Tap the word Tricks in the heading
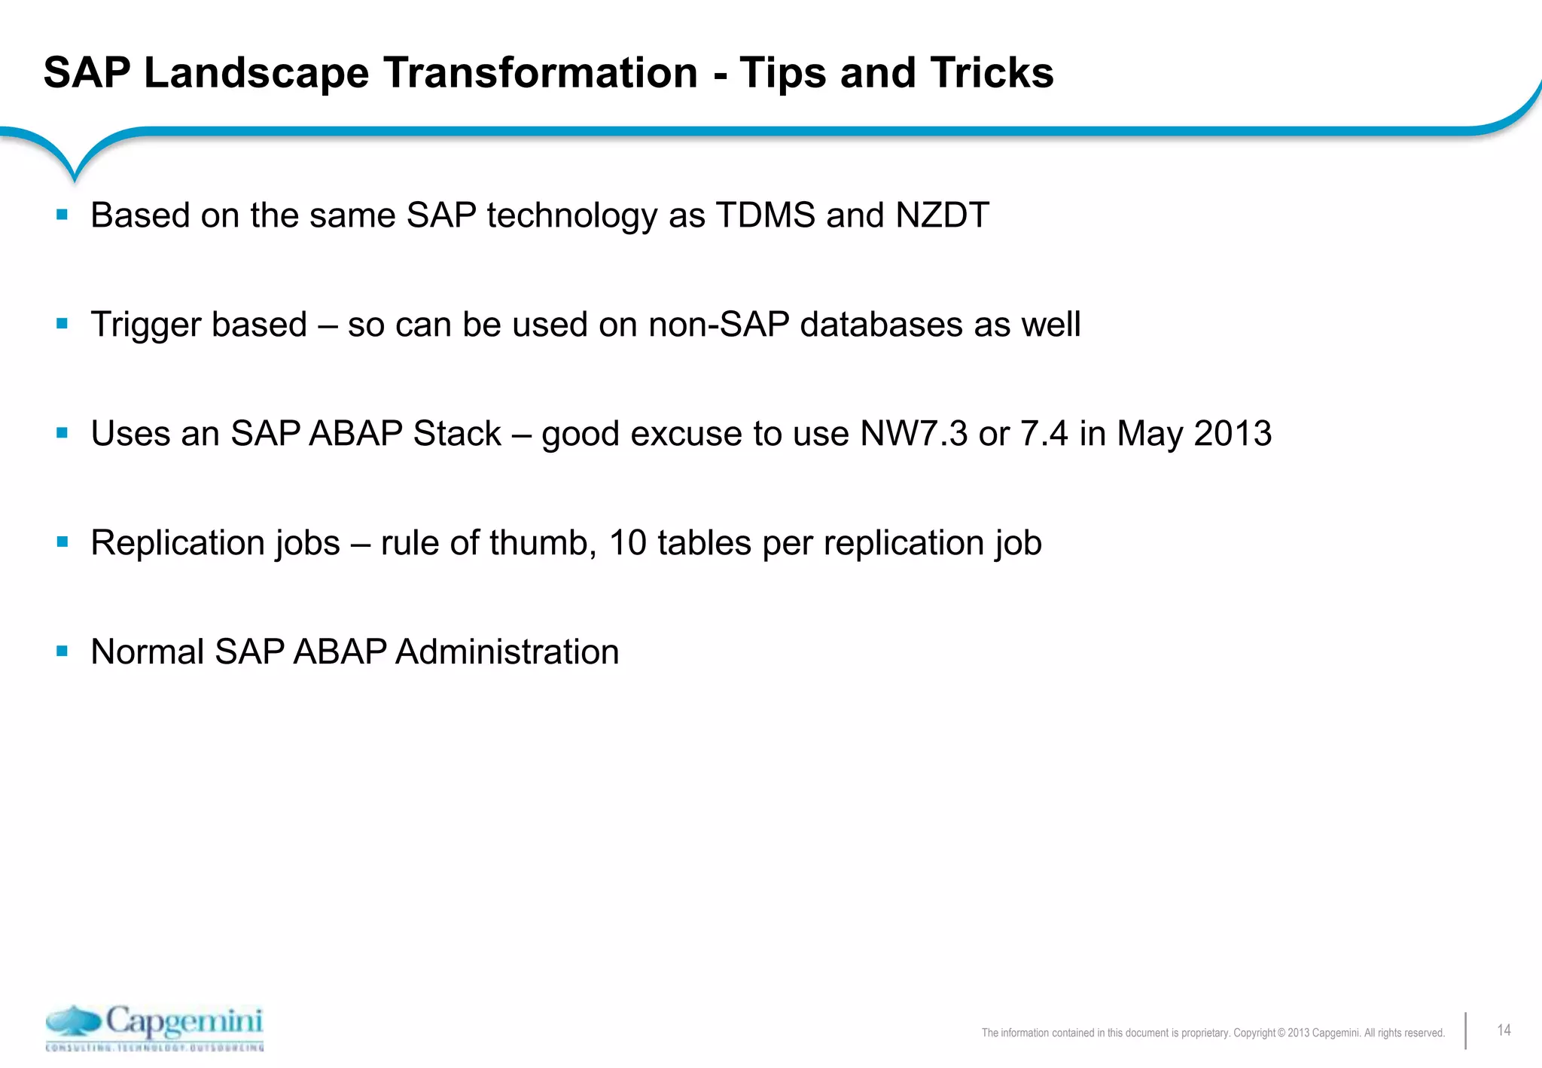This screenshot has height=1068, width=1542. coord(992,73)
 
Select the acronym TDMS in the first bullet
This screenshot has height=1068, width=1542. coord(765,215)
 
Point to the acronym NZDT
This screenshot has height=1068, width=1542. coord(942,215)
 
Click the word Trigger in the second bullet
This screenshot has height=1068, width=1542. coord(145,325)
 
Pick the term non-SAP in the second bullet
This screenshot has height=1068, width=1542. coord(718,325)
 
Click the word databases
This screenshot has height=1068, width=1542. coord(881,325)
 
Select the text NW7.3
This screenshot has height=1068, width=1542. coord(913,434)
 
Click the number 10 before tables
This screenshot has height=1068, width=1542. coord(627,543)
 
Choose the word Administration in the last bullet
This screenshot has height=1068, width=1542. coord(506,652)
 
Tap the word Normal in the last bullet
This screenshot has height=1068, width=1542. coord(147,652)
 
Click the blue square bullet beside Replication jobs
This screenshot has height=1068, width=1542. coord(62,542)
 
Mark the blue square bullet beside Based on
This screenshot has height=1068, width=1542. coord(62,215)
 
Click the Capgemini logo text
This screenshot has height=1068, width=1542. coord(184,1022)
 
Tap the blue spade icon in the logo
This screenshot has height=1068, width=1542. coord(73,1021)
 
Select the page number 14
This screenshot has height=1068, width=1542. coord(1504,1030)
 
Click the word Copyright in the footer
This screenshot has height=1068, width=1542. coord(1254,1033)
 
